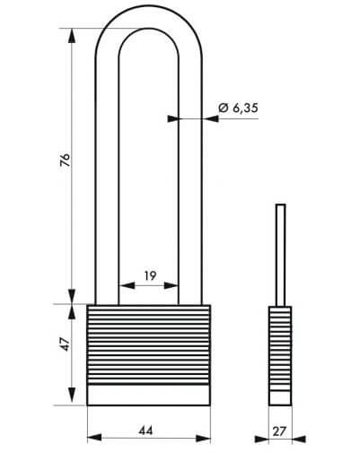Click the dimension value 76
[x=65, y=160]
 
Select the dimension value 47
[x=66, y=344]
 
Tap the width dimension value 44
[x=145, y=431]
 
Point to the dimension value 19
[x=150, y=275]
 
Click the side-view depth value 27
[x=279, y=431]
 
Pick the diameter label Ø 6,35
[x=238, y=108]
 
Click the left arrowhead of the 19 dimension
[x=127, y=285]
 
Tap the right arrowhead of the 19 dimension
[x=171, y=285]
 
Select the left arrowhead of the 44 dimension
[x=94, y=439]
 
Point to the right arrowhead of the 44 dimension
[x=203, y=439]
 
